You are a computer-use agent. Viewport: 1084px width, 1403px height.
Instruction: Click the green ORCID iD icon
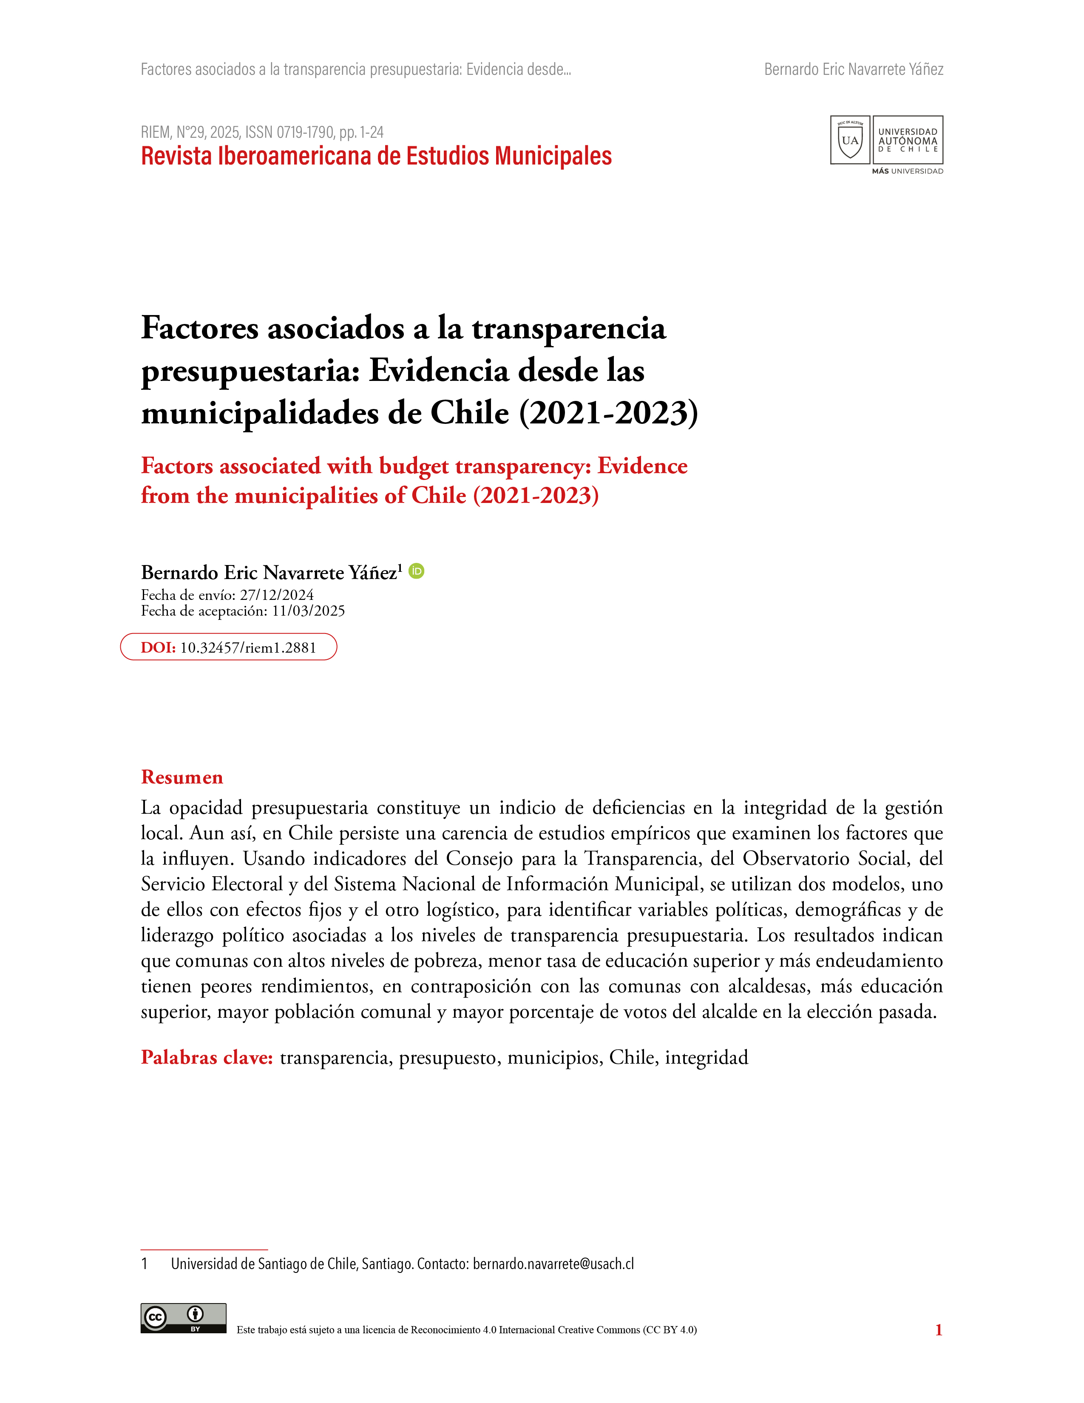coord(416,571)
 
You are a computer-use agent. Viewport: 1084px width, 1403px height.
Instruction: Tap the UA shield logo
coord(850,140)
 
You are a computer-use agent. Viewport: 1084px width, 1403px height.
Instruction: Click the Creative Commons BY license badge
coord(183,1319)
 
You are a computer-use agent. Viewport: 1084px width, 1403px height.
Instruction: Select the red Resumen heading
coord(182,777)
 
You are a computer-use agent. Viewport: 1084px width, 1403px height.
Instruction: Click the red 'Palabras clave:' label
coord(207,1057)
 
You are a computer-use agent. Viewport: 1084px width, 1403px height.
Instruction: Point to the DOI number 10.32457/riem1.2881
coord(248,648)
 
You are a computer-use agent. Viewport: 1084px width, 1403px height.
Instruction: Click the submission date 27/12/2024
coord(277,595)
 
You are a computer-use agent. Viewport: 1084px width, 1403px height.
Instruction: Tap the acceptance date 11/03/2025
coord(308,611)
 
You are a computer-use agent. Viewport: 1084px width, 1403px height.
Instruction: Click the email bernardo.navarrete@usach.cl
coord(553,1264)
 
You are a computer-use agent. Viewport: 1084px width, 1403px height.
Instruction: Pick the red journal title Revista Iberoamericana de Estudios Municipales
coord(376,156)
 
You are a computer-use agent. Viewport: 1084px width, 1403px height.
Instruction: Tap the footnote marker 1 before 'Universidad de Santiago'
coord(145,1264)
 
